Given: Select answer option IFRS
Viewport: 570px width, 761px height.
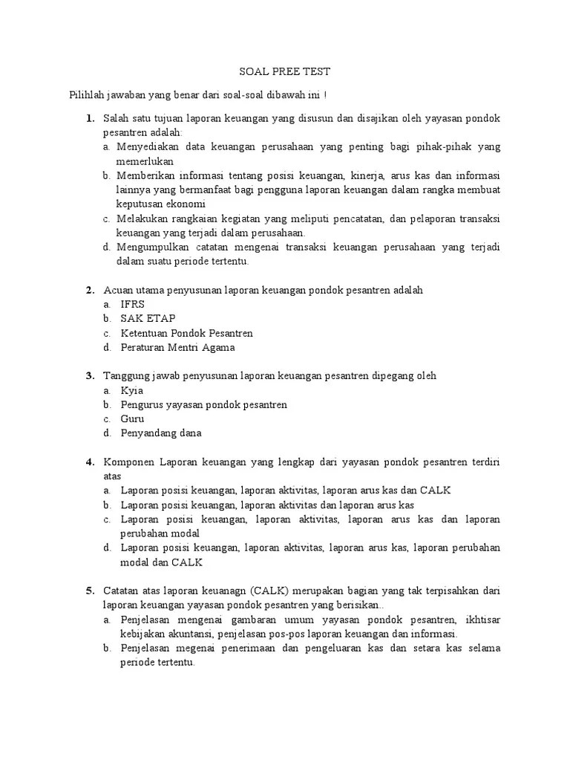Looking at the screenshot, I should pyautogui.click(x=133, y=304).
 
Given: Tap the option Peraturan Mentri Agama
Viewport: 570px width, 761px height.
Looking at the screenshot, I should pyautogui.click(x=177, y=347).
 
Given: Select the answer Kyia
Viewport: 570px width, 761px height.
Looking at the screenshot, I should pyautogui.click(x=131, y=390).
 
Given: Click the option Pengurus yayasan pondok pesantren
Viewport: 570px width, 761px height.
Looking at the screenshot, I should pyautogui.click(x=203, y=404).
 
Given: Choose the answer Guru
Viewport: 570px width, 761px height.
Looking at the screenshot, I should pyautogui.click(x=132, y=418).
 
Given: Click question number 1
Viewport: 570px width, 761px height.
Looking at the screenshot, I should pyautogui.click(x=89, y=118).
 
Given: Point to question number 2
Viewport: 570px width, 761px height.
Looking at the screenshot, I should pyautogui.click(x=89, y=290).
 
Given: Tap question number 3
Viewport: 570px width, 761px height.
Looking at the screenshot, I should pyautogui.click(x=89, y=376).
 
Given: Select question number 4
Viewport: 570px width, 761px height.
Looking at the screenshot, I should pyautogui.click(x=89, y=462).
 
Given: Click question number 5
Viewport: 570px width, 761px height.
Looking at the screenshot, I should pyautogui.click(x=89, y=591).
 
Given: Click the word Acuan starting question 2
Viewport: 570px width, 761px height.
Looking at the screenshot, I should pyautogui.click(x=117, y=290).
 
